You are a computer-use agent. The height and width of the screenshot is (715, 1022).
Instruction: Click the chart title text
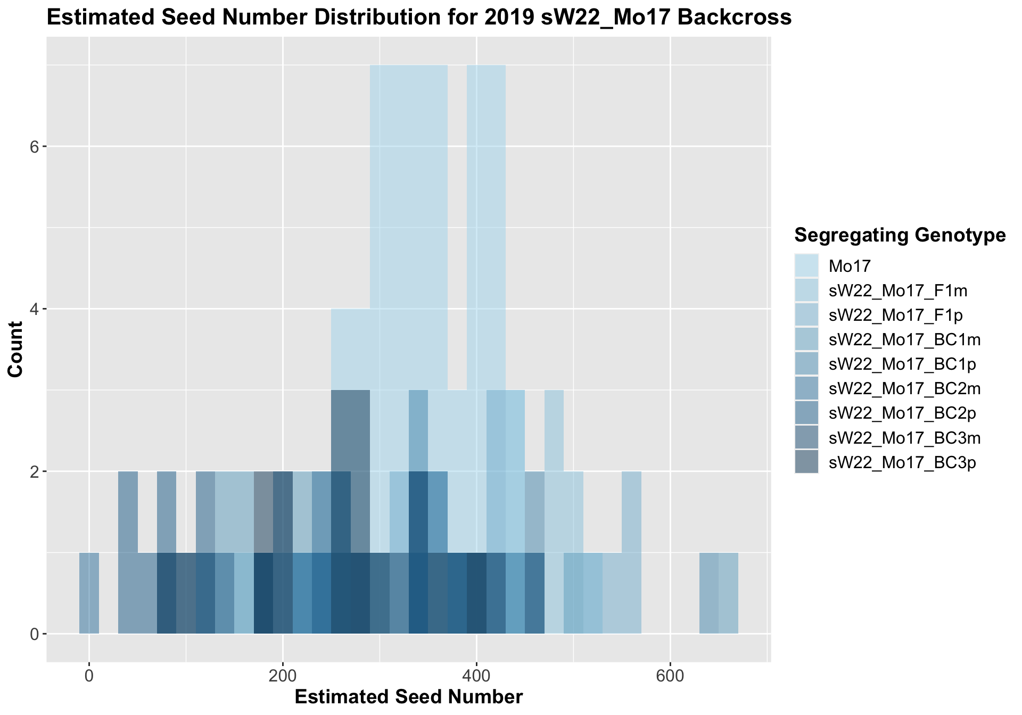coord(419,18)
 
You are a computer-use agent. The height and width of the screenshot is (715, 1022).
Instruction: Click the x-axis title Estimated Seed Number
coord(408,697)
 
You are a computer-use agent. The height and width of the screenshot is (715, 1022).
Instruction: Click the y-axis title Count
coord(16,349)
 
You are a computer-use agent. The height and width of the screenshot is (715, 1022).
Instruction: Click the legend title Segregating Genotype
coord(900,235)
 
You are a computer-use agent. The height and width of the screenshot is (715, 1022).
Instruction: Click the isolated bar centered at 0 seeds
coord(89,593)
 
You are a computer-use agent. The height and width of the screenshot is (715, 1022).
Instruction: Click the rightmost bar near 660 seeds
coord(728,593)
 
